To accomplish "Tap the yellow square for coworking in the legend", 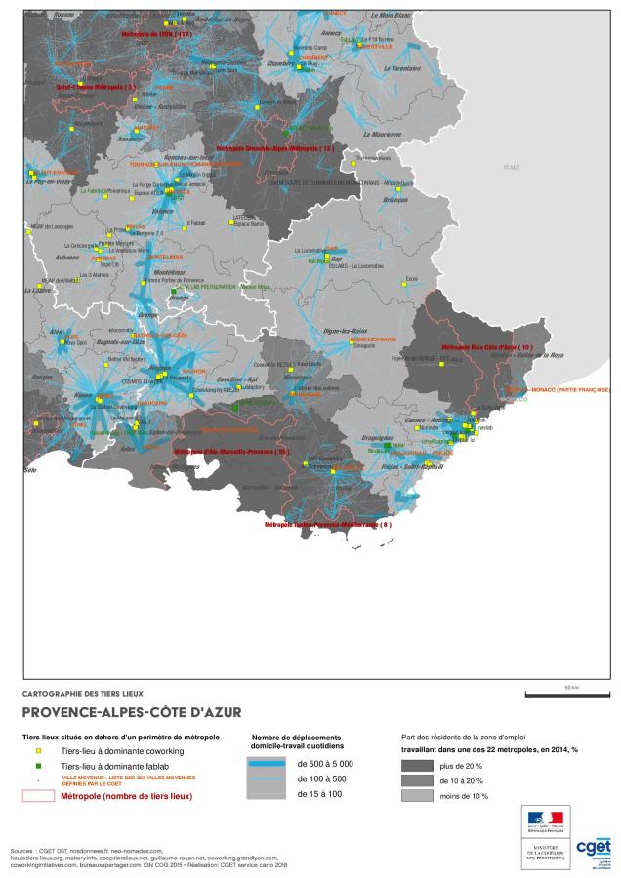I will (x=38, y=752).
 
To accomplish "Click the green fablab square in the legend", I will (x=38, y=768).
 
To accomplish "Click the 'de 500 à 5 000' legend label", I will (x=325, y=763).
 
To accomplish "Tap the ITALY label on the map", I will (x=512, y=168).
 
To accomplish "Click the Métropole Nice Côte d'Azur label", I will (x=487, y=347).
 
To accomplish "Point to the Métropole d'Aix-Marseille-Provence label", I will (x=231, y=452).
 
